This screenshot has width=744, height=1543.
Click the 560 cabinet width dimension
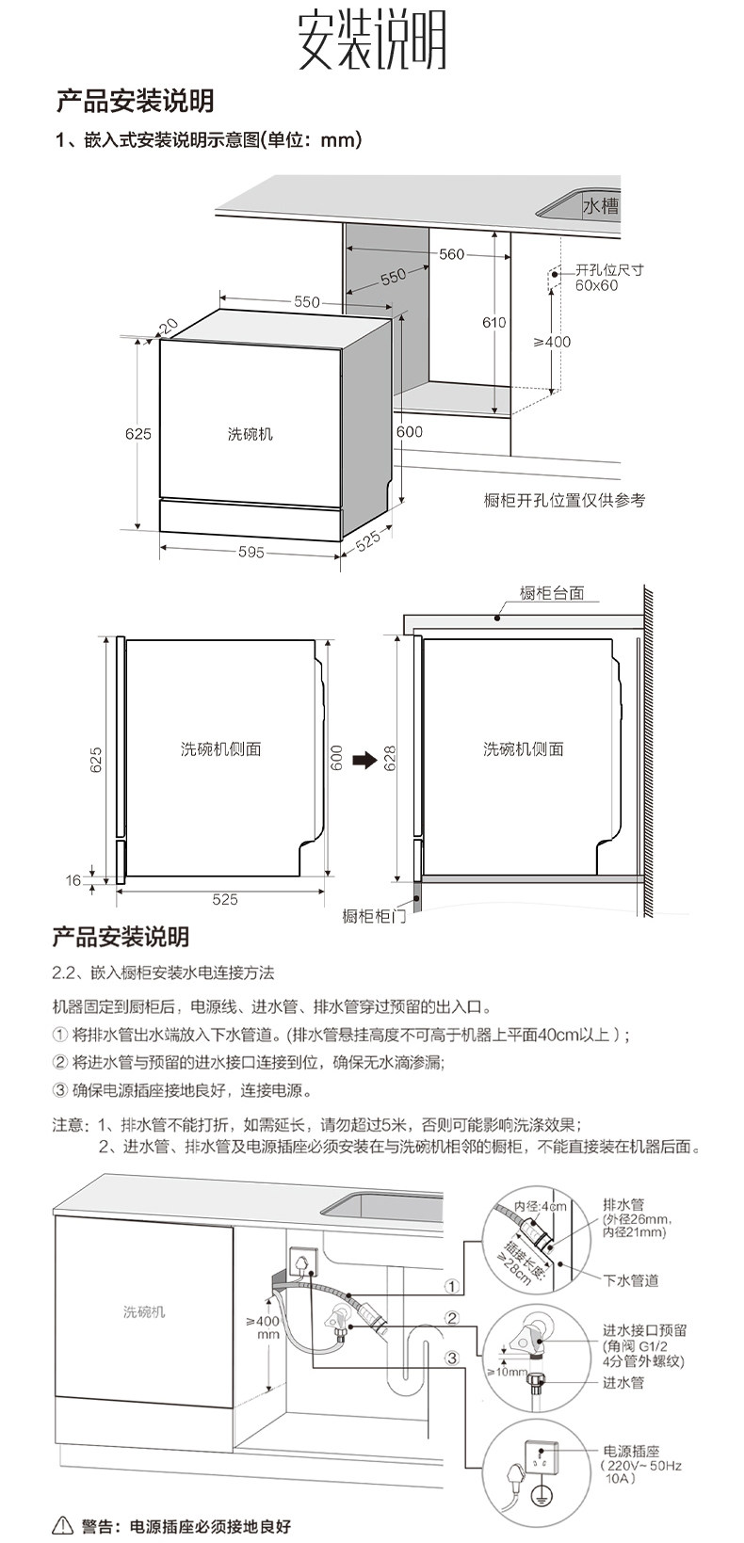click(452, 254)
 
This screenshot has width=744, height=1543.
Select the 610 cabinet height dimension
click(494, 322)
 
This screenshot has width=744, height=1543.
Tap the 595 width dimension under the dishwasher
click(251, 553)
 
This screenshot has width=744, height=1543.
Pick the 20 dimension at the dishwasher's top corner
click(170, 326)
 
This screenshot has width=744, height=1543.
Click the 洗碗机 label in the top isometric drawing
click(251, 434)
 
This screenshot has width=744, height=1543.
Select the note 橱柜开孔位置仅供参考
click(564, 501)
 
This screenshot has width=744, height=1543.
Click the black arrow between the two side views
click(364, 760)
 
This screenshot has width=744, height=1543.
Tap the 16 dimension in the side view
click(73, 881)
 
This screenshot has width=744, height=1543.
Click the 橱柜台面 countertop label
click(552, 593)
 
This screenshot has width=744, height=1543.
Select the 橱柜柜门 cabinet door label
click(374, 916)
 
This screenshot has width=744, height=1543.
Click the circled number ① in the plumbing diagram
click(452, 1286)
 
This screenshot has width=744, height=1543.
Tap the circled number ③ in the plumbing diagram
click(452, 1358)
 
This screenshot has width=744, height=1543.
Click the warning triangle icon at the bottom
click(63, 1526)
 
